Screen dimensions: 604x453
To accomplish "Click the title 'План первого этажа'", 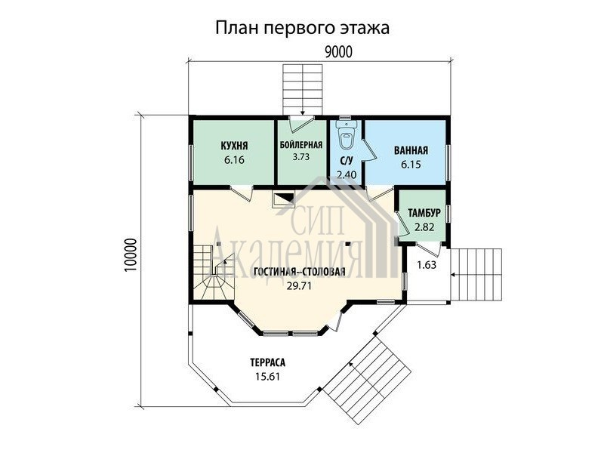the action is [x=302, y=29].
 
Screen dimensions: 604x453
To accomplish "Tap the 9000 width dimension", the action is [x=338, y=51].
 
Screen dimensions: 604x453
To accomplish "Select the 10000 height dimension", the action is [x=131, y=256].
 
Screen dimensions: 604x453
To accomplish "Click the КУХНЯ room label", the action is [x=234, y=146].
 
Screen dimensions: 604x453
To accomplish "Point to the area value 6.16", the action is [x=234, y=159].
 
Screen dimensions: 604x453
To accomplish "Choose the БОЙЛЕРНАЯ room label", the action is [x=300, y=145].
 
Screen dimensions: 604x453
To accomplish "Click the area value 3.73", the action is [x=300, y=157].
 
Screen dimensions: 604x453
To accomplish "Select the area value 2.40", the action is [x=347, y=174].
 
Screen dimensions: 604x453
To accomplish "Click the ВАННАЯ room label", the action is [x=411, y=150].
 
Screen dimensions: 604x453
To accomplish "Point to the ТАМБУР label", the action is [x=424, y=213].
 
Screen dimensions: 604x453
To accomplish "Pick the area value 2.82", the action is [x=424, y=227].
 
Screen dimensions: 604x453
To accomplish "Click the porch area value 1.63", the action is [x=427, y=265].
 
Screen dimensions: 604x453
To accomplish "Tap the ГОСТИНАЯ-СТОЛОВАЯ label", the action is [x=299, y=272].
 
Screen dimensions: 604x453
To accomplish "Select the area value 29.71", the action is [x=299, y=285].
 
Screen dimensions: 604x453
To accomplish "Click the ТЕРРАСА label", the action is [x=267, y=362].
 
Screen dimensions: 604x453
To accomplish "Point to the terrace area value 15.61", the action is [x=267, y=376].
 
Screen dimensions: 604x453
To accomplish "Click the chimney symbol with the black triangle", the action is [x=283, y=199].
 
